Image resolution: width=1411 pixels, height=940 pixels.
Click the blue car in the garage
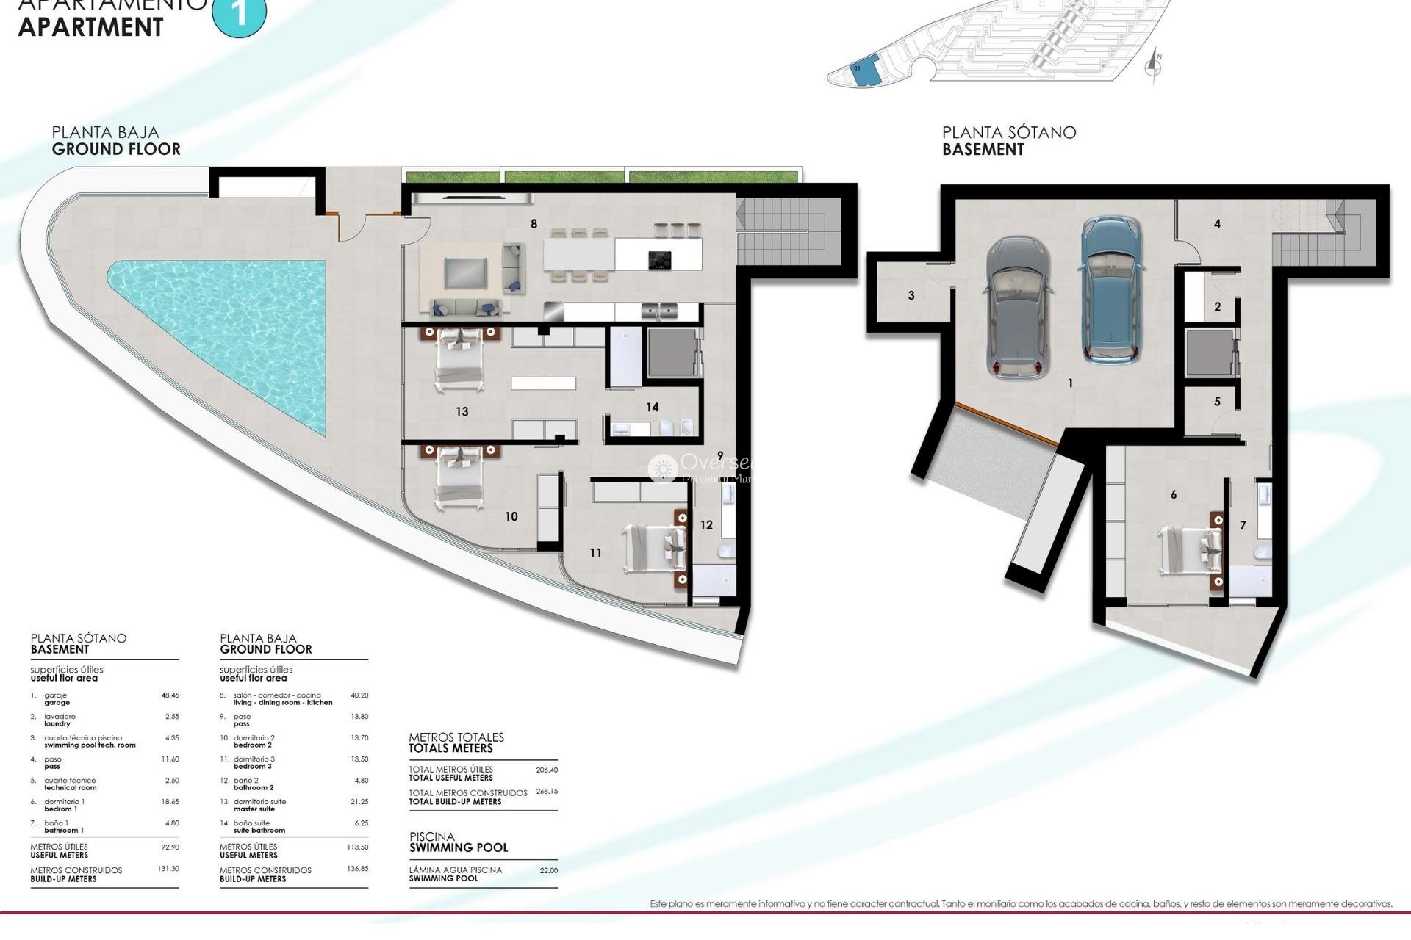pos(1113,291)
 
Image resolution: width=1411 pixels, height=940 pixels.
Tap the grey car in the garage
pos(1018,307)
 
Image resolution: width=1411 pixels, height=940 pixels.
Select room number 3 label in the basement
pos(911,295)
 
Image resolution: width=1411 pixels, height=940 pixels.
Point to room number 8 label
pos(534,224)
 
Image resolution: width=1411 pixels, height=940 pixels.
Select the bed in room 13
pos(459,360)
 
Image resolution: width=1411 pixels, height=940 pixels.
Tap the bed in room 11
pos(654,549)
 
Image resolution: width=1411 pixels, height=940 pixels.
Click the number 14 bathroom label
pos(653,407)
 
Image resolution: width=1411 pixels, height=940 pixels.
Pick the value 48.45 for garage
pos(170,695)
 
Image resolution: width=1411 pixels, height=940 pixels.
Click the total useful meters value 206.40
pos(547,770)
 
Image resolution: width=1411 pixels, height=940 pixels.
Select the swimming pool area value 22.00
pos(548,870)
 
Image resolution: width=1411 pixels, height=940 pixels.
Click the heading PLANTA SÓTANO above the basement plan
pos(1009,133)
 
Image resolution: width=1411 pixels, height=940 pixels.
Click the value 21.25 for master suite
pos(359,802)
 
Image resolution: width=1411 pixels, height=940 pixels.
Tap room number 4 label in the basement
pos(1217,224)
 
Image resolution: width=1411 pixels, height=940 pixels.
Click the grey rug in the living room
pos(465,272)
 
